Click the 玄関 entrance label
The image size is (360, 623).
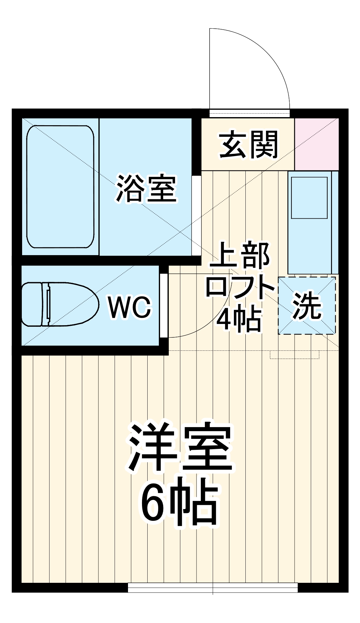click(249, 145)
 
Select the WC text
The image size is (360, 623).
click(130, 307)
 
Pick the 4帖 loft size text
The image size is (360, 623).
click(239, 319)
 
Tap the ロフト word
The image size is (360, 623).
click(240, 286)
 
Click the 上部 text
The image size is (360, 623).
click(240, 255)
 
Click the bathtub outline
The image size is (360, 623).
click(60, 187)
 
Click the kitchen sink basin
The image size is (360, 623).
click(309, 198)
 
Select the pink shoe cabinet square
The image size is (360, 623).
click(316, 144)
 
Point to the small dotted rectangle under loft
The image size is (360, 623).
click(294, 355)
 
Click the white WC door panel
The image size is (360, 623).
click(164, 305)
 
